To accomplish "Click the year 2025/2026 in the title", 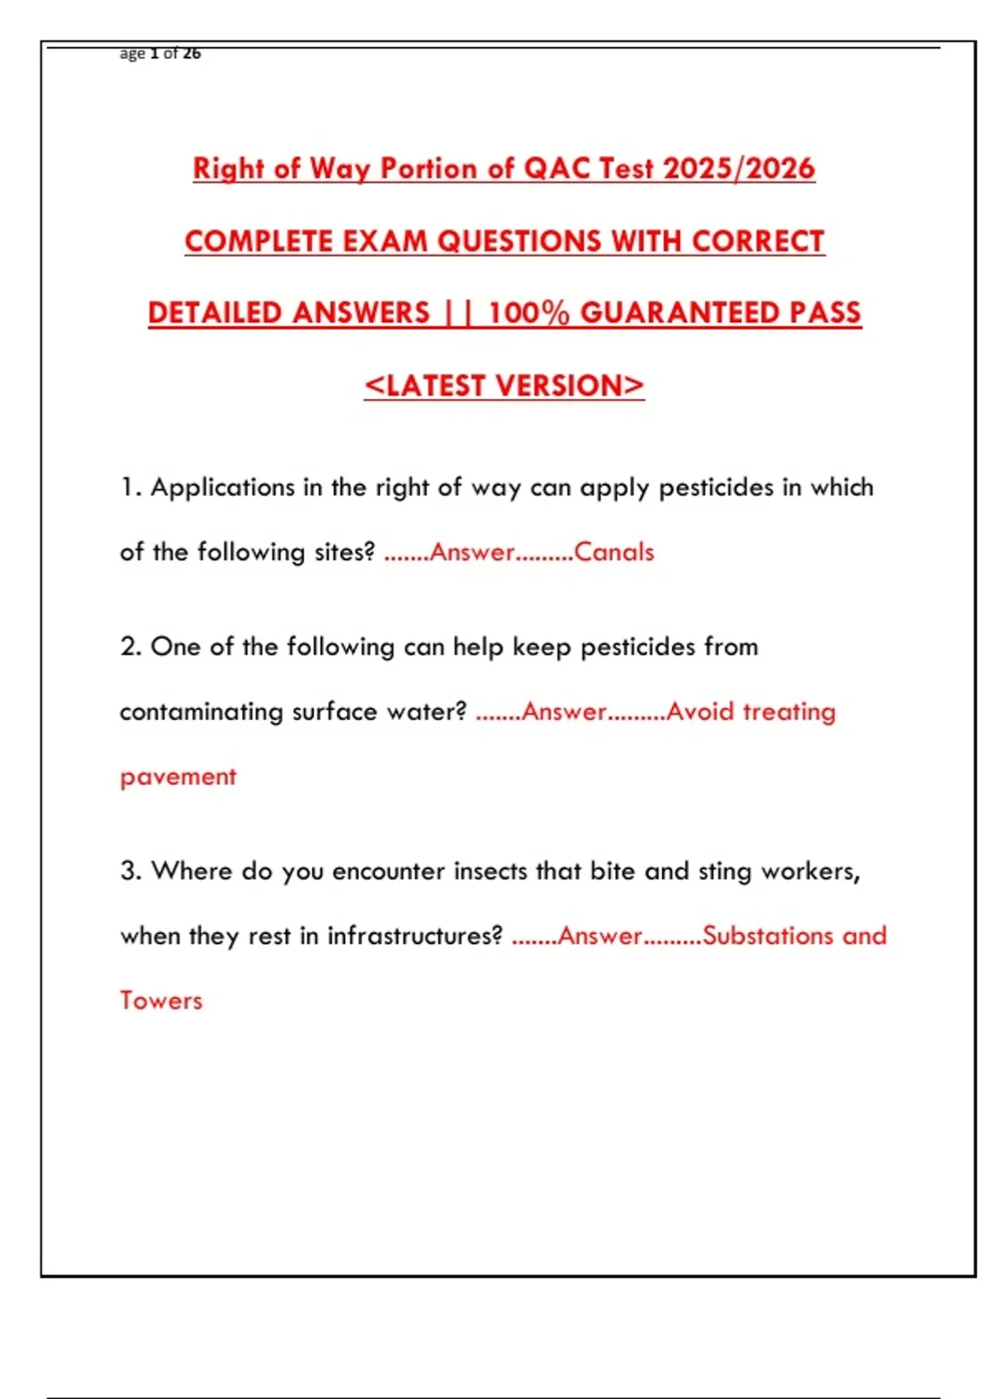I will click(739, 169).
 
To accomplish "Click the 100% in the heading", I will click(528, 313).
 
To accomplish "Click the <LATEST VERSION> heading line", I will click(504, 385).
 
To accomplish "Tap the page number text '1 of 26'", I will click(175, 53).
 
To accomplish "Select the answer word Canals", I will click(613, 551).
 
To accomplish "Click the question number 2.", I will click(130, 647).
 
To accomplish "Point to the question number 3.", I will click(130, 871).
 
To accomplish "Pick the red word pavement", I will click(178, 776).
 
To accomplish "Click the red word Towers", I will click(161, 1001).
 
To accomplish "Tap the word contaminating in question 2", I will click(201, 712).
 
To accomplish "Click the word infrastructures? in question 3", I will click(414, 936).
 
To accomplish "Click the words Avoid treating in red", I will click(751, 711).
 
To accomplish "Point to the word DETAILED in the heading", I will click(216, 313).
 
